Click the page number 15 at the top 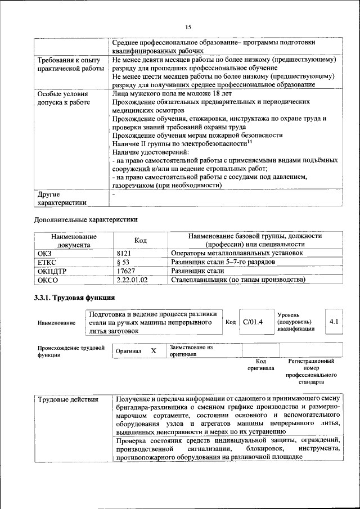pyautogui.click(x=188, y=26)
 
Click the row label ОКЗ pyautogui.click(x=44, y=254)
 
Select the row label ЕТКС pyautogui.click(x=47, y=262)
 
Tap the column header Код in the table pyautogui.click(x=141, y=241)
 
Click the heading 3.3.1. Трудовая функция pyautogui.click(x=74, y=297)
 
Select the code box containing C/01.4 pyautogui.click(x=253, y=322)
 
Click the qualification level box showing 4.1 pyautogui.click(x=334, y=322)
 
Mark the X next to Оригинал pyautogui.click(x=153, y=351)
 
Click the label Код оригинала pyautogui.click(x=260, y=365)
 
